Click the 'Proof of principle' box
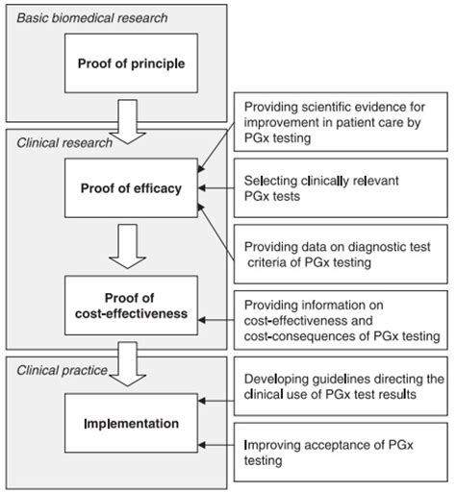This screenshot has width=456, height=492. (x=131, y=63)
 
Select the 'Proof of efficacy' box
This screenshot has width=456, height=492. (x=131, y=188)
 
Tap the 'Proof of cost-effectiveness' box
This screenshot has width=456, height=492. (x=131, y=306)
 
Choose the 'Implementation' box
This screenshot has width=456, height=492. (x=131, y=423)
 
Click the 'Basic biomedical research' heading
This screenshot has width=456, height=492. (x=92, y=18)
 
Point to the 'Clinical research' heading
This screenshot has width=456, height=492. (x=64, y=143)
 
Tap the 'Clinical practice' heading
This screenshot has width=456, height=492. (x=62, y=370)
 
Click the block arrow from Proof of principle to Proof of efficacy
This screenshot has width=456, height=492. (x=128, y=122)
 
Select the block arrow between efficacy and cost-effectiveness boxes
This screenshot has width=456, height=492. (x=128, y=246)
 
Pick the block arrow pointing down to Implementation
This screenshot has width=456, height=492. (x=128, y=364)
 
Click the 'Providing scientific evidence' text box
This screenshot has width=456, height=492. (x=341, y=122)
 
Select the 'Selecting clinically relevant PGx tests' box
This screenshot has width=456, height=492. (x=341, y=188)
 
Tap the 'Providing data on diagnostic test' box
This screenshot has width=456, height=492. (x=341, y=254)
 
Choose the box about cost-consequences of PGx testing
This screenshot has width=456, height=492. (x=341, y=320)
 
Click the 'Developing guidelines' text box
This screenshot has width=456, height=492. (x=341, y=386)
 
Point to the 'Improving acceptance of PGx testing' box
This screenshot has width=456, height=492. (x=341, y=452)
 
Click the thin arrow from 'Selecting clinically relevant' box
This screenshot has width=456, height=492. (x=216, y=188)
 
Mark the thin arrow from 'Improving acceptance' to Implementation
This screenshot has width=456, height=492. (x=216, y=445)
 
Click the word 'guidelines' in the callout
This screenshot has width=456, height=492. (x=342, y=380)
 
